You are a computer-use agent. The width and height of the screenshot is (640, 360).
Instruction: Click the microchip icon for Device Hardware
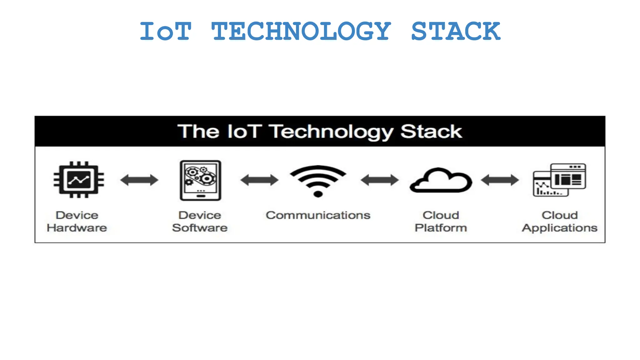tap(79, 180)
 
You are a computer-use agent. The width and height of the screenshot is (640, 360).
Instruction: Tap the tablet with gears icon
tap(200, 180)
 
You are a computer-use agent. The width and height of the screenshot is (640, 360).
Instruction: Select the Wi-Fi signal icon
tap(318, 180)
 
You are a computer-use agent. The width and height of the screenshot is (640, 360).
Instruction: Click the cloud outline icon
tap(441, 181)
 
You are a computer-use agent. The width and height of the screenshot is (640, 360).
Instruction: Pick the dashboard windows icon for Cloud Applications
tap(559, 180)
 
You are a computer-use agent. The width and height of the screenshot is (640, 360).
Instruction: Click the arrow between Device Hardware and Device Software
tap(139, 180)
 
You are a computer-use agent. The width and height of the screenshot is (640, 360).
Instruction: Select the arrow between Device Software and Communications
tap(259, 180)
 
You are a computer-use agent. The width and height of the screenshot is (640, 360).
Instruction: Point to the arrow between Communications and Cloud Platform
tap(379, 180)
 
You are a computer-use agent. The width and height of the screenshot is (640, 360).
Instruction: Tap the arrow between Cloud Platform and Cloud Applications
tap(500, 180)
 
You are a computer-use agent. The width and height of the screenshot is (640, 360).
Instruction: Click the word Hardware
tap(77, 228)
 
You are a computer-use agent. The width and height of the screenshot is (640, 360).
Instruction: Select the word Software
tap(200, 228)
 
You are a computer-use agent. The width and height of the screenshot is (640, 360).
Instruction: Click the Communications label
tap(318, 215)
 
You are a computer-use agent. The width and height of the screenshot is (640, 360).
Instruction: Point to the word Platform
tap(441, 228)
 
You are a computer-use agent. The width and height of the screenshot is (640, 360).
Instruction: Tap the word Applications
tap(559, 228)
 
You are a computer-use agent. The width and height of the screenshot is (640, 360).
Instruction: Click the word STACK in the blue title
tap(456, 31)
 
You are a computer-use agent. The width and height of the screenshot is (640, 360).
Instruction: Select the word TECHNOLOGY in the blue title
tap(301, 31)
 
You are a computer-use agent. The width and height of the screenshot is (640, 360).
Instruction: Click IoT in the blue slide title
tap(165, 31)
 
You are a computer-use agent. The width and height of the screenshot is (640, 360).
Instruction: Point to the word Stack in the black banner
tap(431, 131)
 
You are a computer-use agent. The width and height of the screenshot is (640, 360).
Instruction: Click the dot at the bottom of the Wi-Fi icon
tap(318, 194)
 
